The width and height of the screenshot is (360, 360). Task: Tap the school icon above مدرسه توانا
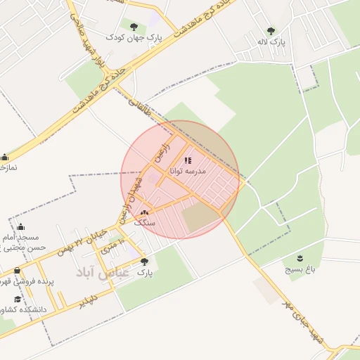coord(188,160)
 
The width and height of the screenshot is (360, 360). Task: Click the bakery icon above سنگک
coord(144,212)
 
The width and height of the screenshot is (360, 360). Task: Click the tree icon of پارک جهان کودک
coord(134,27)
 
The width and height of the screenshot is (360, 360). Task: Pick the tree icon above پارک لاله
coord(271,31)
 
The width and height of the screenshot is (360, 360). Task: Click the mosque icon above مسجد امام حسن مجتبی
coord(20,227)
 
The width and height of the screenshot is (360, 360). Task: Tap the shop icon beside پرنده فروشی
coord(17,271)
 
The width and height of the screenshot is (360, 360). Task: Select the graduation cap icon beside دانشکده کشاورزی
coord(18,299)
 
